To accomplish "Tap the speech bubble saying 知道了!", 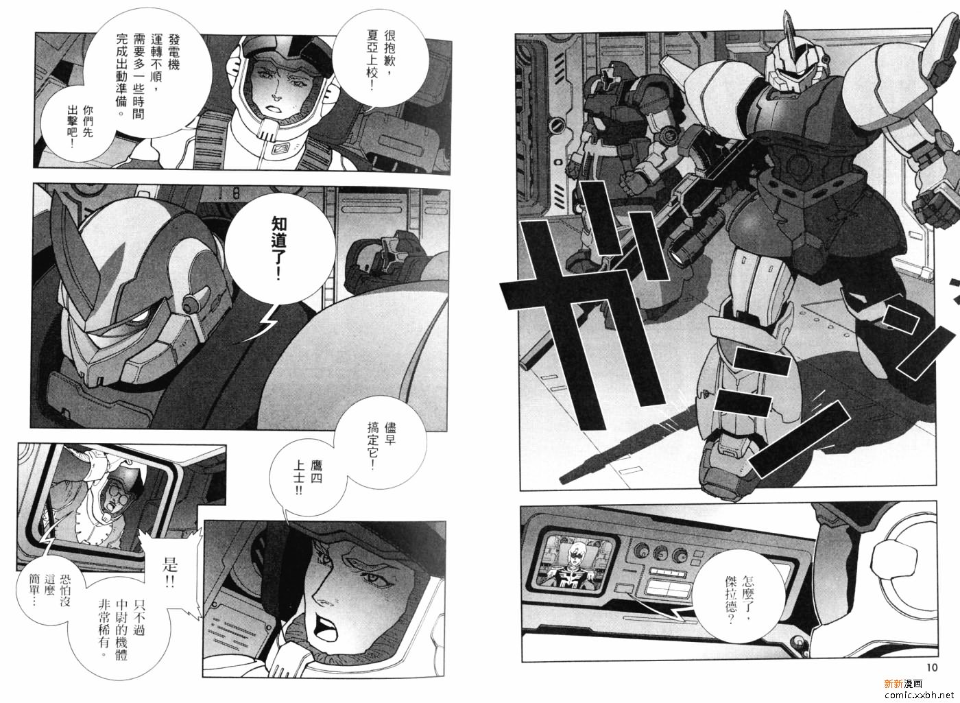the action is click(x=280, y=249).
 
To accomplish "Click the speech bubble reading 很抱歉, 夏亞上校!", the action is click(x=381, y=59).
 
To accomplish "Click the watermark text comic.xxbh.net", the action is click(x=920, y=694).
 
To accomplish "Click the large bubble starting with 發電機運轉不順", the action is click(x=145, y=73).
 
